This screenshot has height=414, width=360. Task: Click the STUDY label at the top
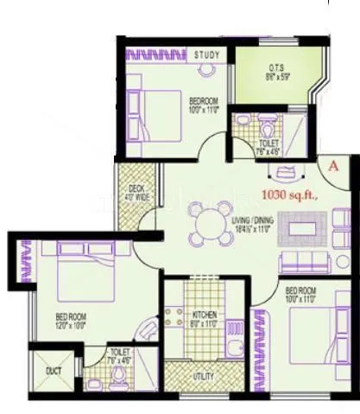[x=206, y=55]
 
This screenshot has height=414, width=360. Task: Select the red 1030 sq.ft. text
[x=294, y=195]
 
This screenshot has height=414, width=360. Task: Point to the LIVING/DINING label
[x=253, y=221]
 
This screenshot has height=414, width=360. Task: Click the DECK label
[x=136, y=188]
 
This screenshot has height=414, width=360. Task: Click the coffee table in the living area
[x=303, y=229]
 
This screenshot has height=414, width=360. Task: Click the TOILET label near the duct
[x=120, y=353]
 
